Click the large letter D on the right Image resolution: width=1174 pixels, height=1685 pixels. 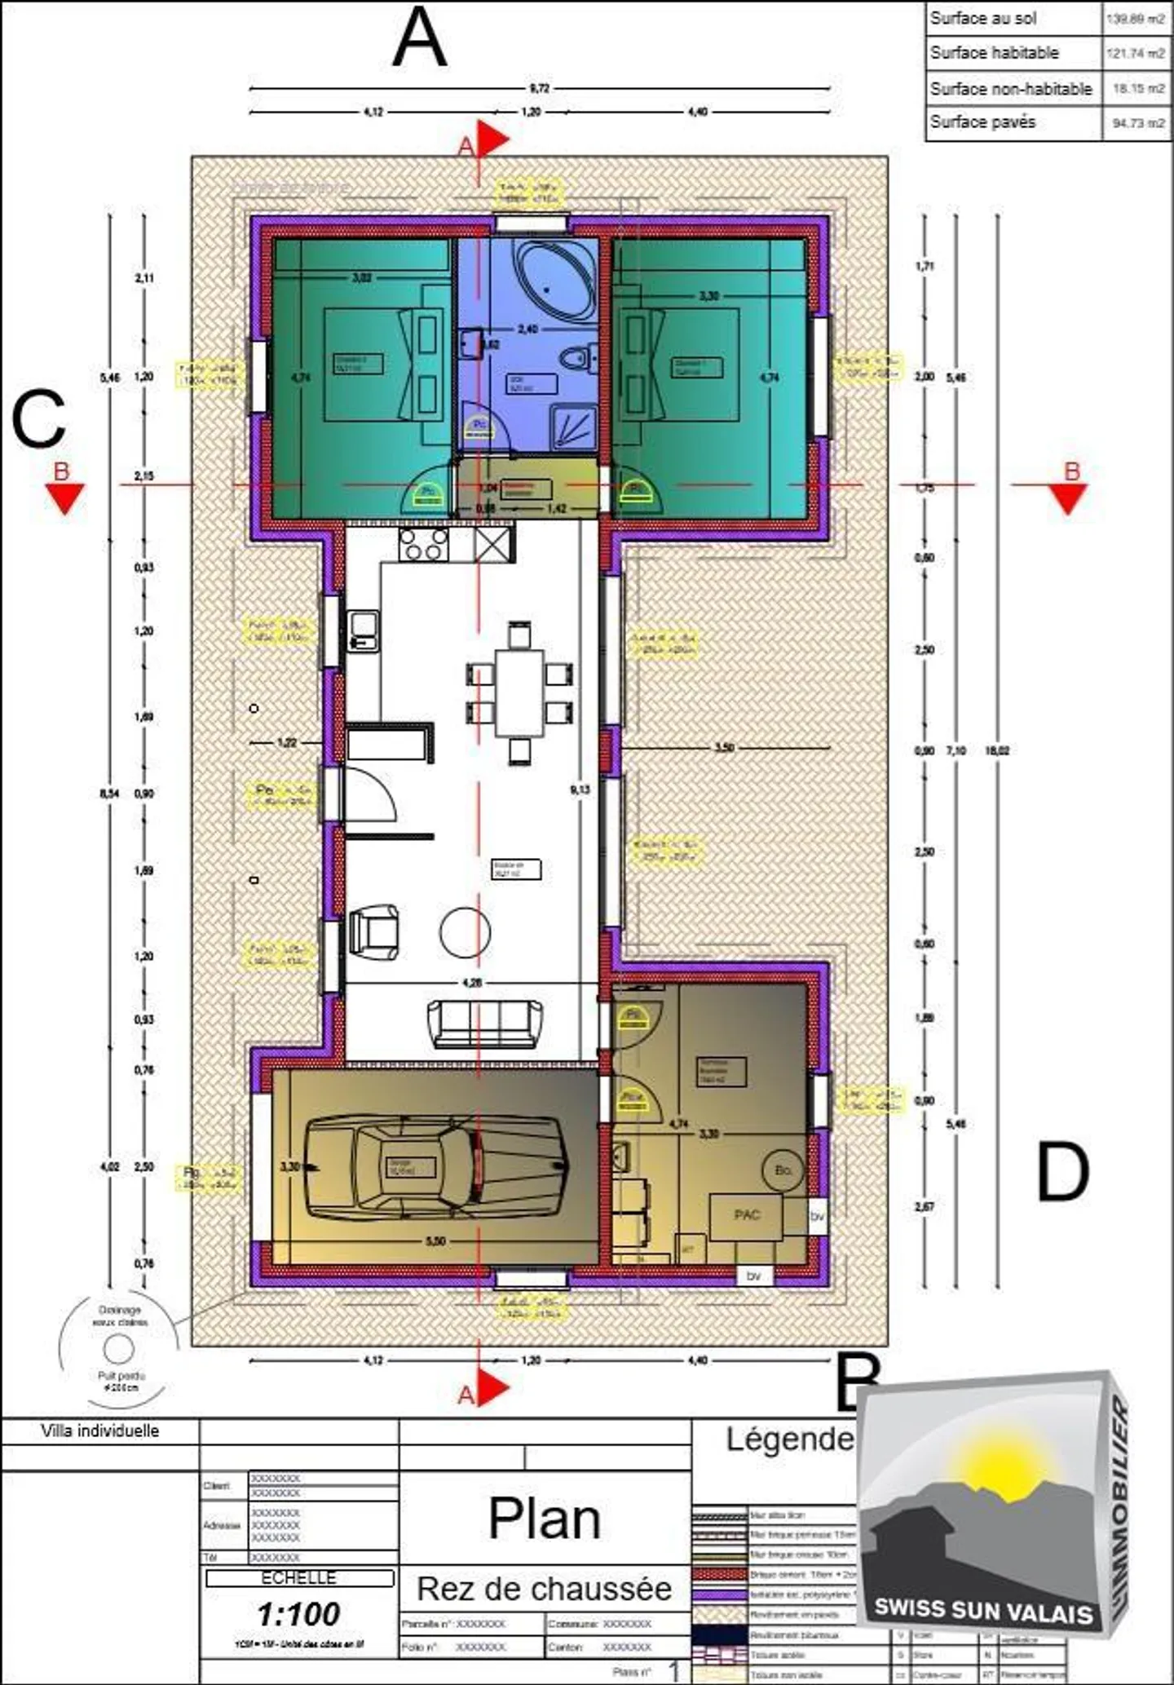[x=1062, y=1172]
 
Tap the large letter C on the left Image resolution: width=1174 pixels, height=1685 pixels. [x=38, y=419]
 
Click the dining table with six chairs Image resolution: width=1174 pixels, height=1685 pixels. [x=519, y=692]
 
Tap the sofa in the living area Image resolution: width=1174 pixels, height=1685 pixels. [x=485, y=1024]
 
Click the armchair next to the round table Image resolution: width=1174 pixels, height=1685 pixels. [x=374, y=931]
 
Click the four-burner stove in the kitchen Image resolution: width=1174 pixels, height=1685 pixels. [x=423, y=543]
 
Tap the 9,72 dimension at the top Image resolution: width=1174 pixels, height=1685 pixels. [x=539, y=88]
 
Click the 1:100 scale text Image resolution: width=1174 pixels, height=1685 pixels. [x=298, y=1613]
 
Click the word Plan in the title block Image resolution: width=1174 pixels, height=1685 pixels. [x=544, y=1519]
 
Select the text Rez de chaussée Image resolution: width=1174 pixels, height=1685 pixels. [x=544, y=1589]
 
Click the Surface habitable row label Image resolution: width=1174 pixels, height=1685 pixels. [x=994, y=53]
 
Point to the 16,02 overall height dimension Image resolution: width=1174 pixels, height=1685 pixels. [x=998, y=750]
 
